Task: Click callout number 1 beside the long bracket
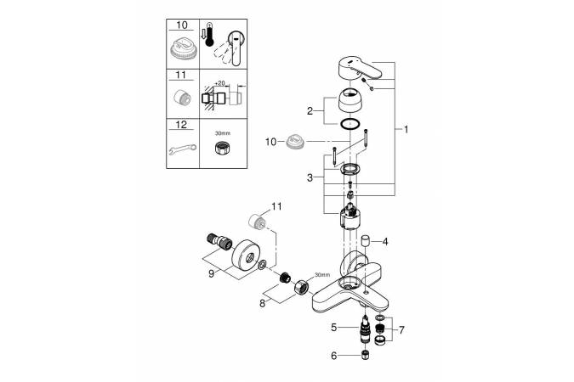pyautogui.click(x=406, y=130)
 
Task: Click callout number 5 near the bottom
pyautogui.click(x=334, y=327)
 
